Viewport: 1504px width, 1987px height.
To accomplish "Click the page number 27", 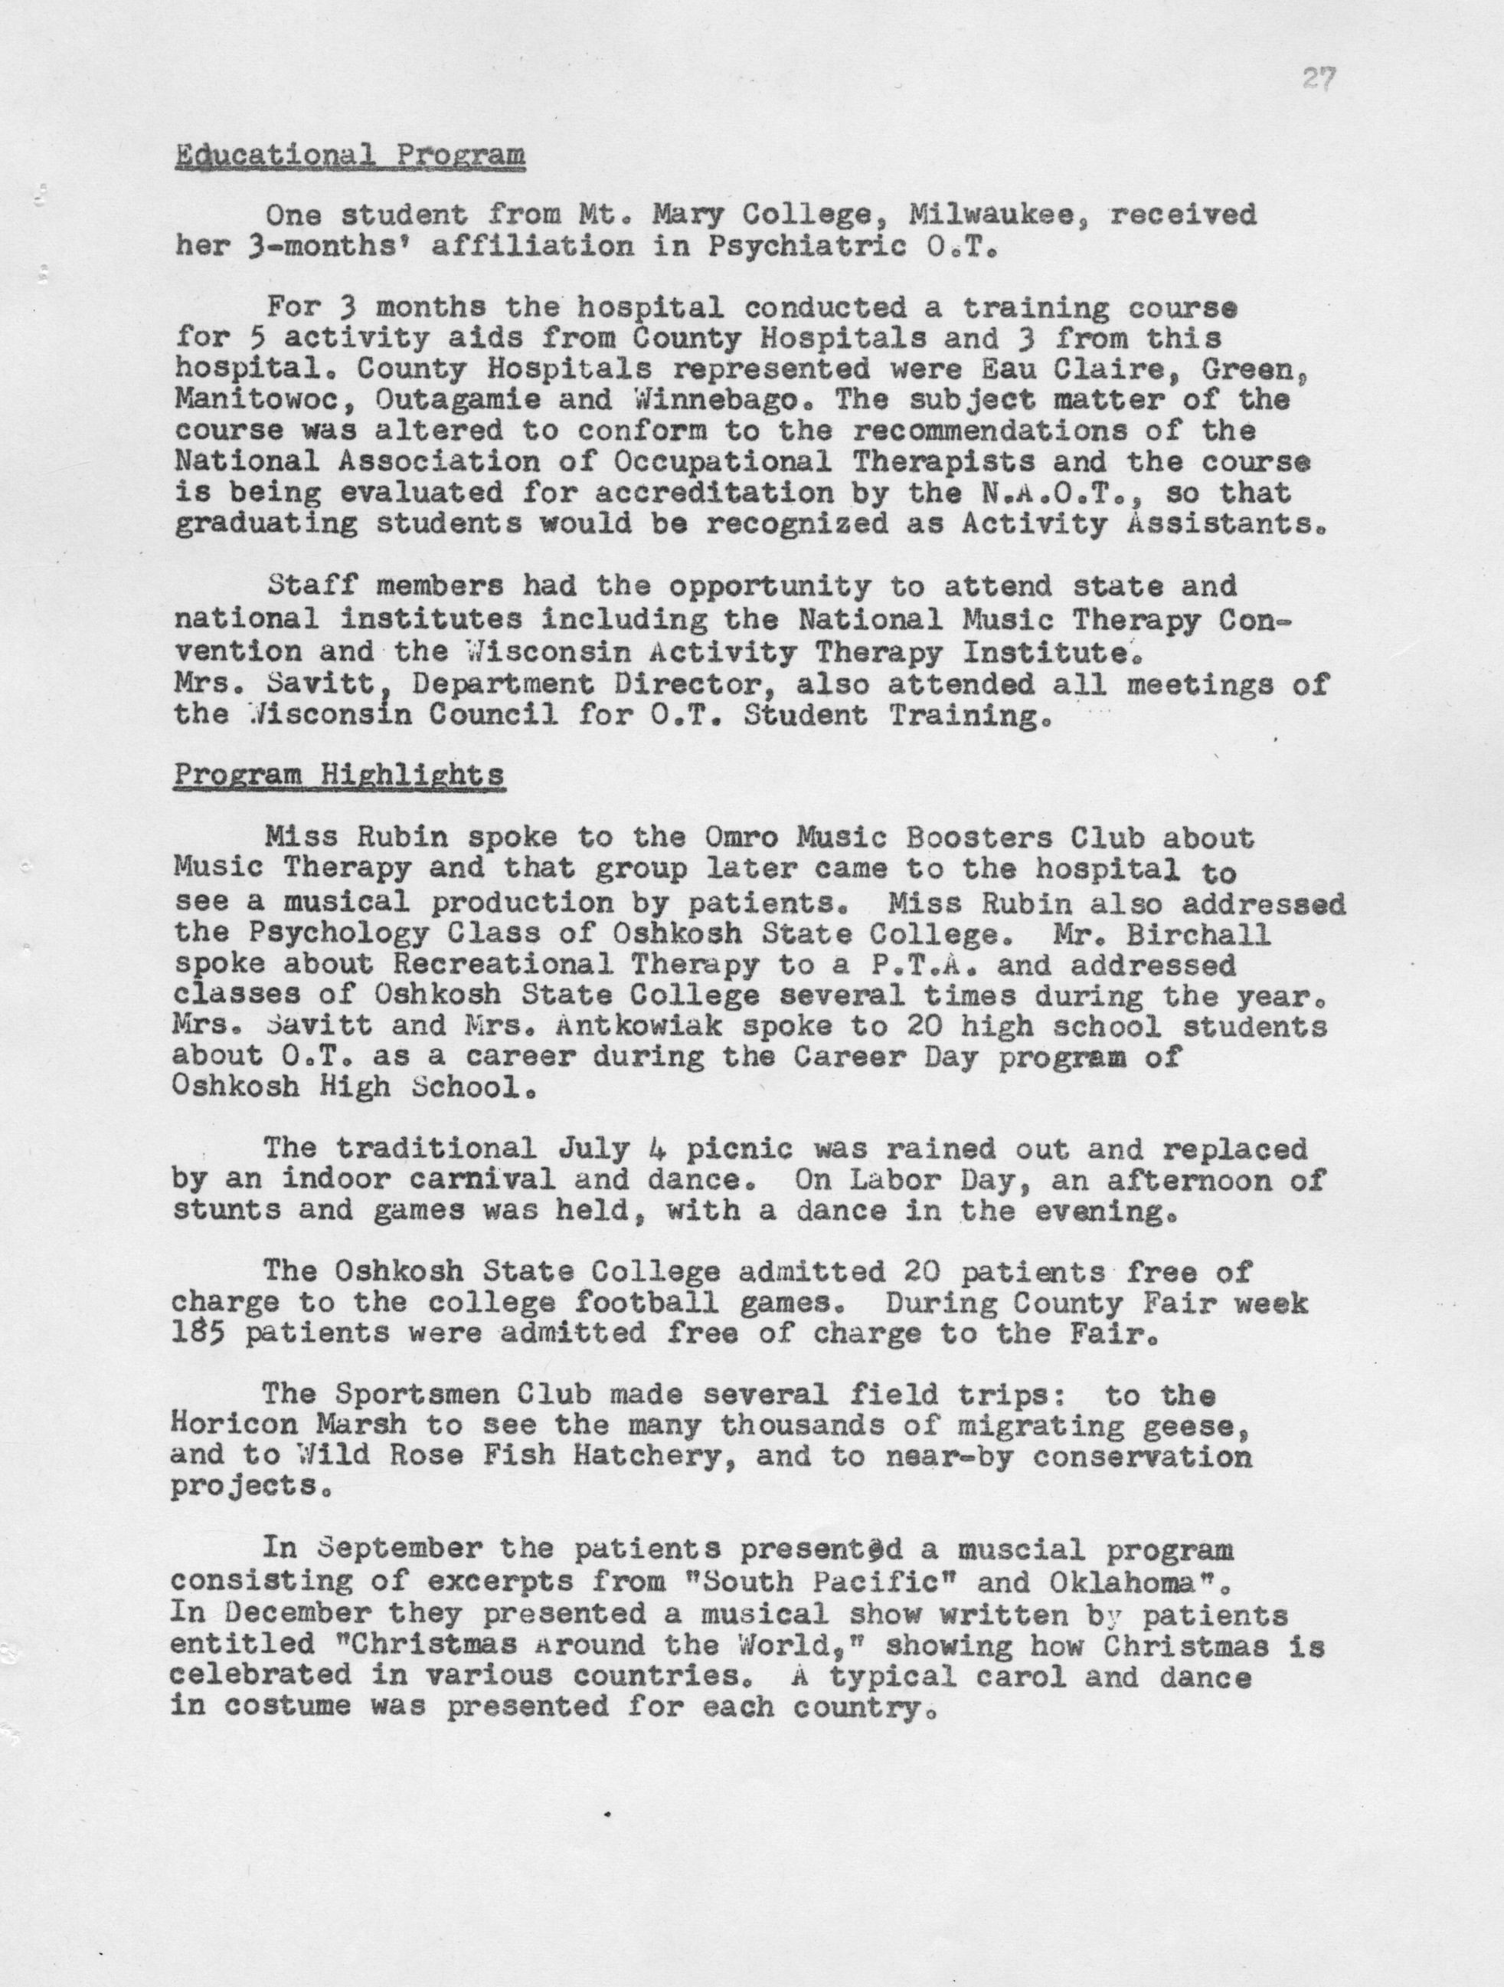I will pyautogui.click(x=1318, y=81).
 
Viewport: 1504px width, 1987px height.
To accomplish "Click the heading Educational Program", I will pyautogui.click(x=349, y=155).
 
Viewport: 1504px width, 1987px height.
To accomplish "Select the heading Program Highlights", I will pyautogui.click(x=338, y=774).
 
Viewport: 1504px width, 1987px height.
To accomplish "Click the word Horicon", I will pyautogui.click(x=225, y=1425).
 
